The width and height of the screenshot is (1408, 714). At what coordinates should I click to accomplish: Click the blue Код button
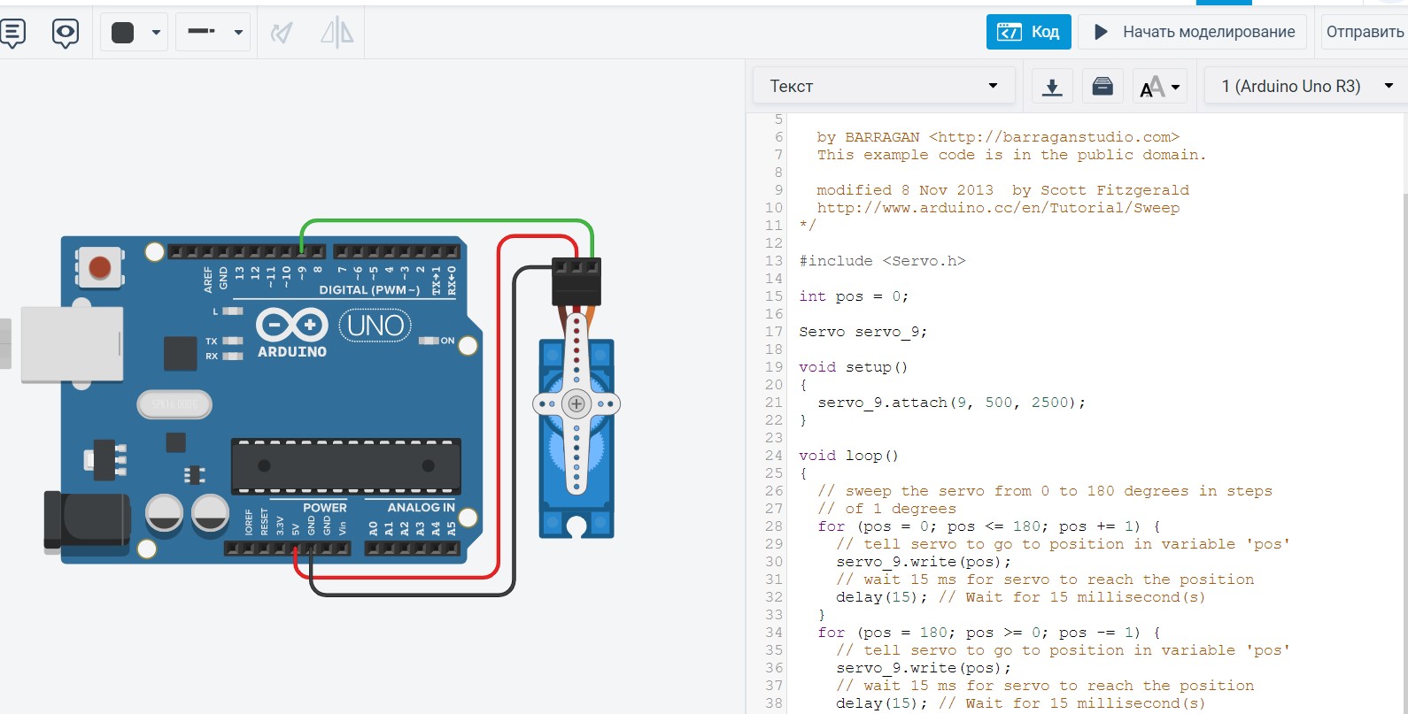click(x=1028, y=31)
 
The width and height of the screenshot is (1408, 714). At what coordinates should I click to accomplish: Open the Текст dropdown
click(x=884, y=86)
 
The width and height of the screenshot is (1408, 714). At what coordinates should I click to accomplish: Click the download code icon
click(x=1052, y=86)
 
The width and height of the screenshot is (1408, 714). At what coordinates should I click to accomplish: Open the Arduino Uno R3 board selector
click(x=1305, y=86)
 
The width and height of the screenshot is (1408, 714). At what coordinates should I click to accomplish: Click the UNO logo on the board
click(x=375, y=326)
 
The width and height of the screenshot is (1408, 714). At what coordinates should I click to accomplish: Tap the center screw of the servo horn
click(x=576, y=403)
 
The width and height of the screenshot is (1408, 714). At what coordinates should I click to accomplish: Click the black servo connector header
click(x=576, y=280)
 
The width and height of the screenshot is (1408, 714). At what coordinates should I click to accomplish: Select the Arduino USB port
click(x=72, y=344)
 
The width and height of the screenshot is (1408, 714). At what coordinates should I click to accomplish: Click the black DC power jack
click(x=87, y=520)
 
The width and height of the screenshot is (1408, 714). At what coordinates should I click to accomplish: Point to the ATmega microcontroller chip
click(x=346, y=466)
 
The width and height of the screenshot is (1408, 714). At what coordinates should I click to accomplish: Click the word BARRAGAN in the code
click(x=882, y=137)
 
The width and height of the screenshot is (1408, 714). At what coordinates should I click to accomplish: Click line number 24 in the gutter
click(x=774, y=456)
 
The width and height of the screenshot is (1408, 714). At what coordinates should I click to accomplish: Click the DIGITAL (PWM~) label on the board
click(x=369, y=289)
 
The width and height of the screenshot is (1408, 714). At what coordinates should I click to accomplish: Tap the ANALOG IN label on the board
click(x=421, y=507)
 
